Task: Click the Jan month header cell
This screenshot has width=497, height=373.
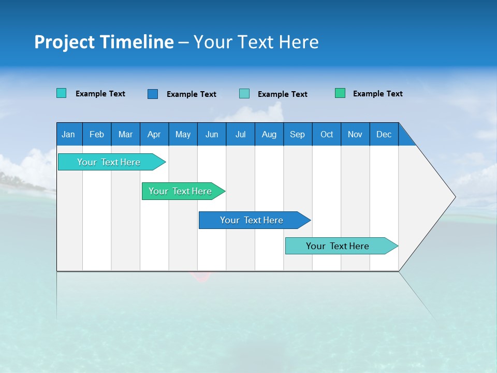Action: [69, 134]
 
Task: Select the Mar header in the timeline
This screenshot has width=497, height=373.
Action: [125, 134]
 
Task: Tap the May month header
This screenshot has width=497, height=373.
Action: [183, 134]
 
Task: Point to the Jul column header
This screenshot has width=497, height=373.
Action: [240, 134]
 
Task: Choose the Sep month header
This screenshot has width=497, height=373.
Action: [297, 134]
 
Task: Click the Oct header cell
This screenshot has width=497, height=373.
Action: [327, 134]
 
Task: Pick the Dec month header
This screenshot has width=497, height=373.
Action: [384, 134]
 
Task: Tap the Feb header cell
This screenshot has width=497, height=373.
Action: [97, 134]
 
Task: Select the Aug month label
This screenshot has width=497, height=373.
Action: [269, 134]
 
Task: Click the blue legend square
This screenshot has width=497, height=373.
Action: [153, 94]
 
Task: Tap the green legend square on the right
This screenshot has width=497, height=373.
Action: [340, 93]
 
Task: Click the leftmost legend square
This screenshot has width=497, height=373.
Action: [62, 93]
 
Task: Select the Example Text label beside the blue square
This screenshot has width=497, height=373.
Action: [191, 94]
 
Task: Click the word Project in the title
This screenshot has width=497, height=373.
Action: [64, 42]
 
